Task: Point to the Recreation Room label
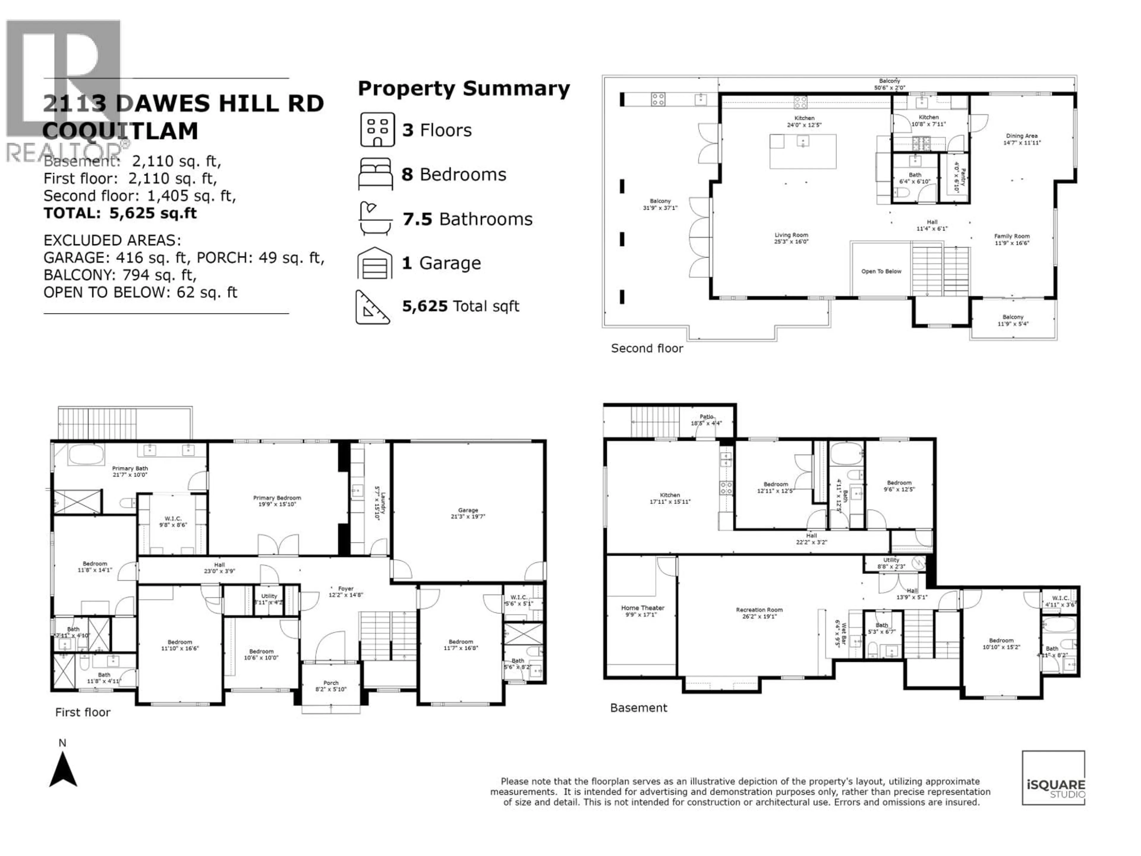click(759, 613)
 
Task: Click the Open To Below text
click(881, 271)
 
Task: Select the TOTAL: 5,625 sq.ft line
click(120, 213)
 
